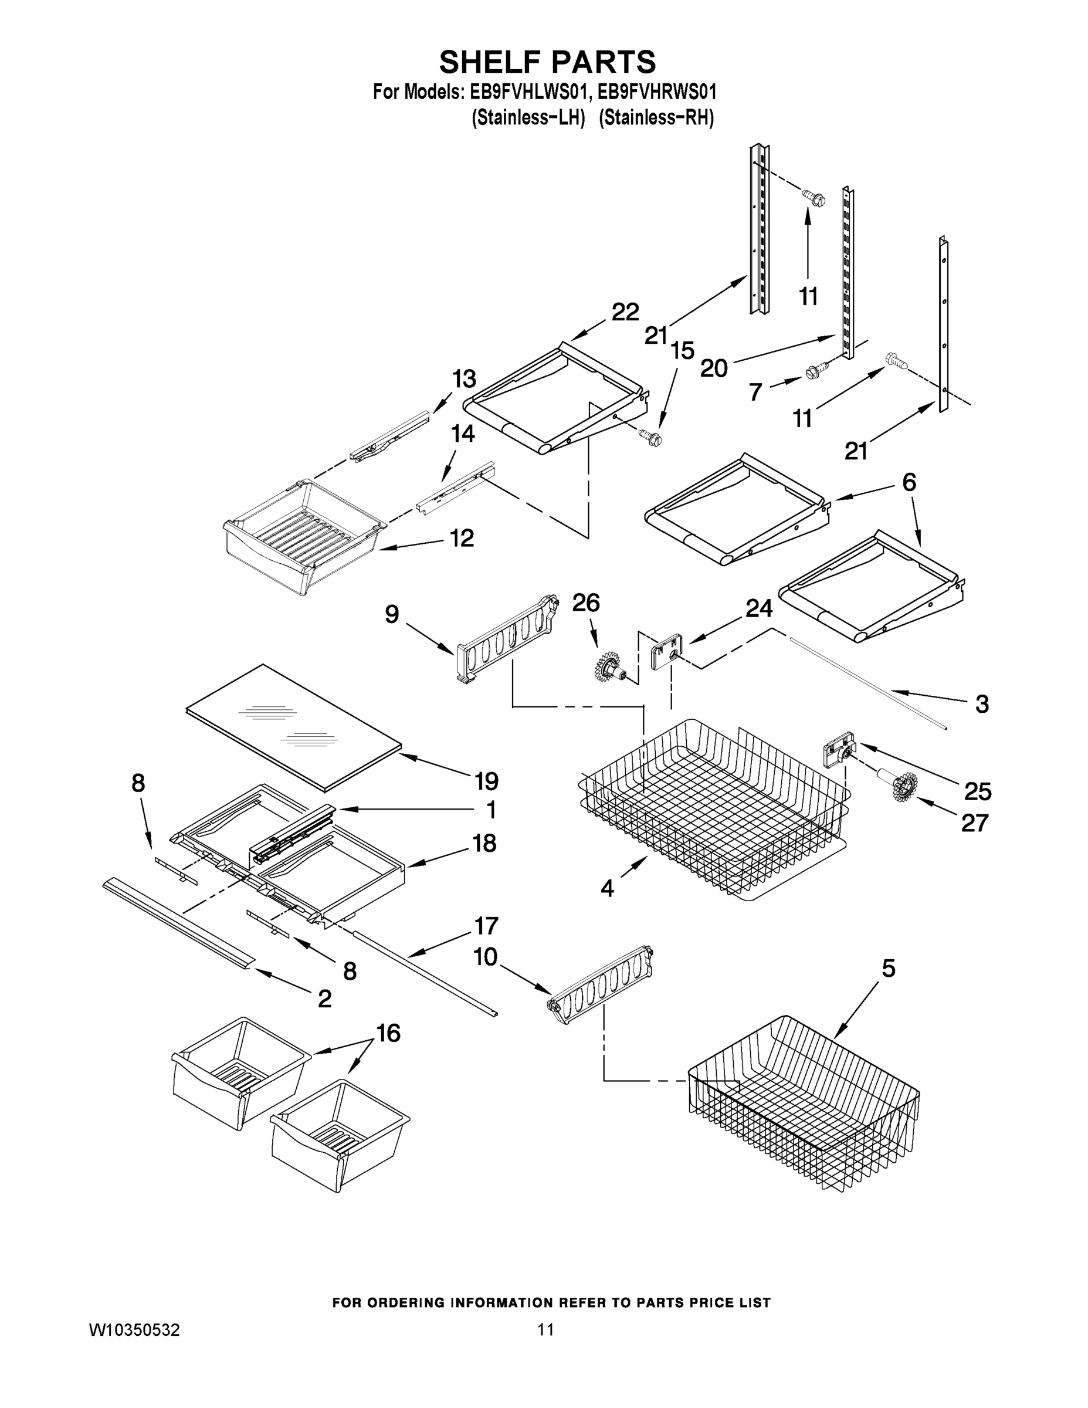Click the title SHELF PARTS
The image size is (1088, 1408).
click(x=547, y=63)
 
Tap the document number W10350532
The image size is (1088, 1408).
click(x=134, y=1329)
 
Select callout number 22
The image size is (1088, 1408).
click(x=625, y=312)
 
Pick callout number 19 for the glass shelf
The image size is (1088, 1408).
click(x=487, y=781)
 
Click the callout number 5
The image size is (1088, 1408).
click(x=888, y=969)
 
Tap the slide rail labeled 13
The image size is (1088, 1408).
click(x=391, y=435)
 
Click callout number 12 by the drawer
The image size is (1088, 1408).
click(x=462, y=537)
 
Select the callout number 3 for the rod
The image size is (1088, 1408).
click(x=982, y=704)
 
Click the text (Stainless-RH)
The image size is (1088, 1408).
click(x=656, y=119)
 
